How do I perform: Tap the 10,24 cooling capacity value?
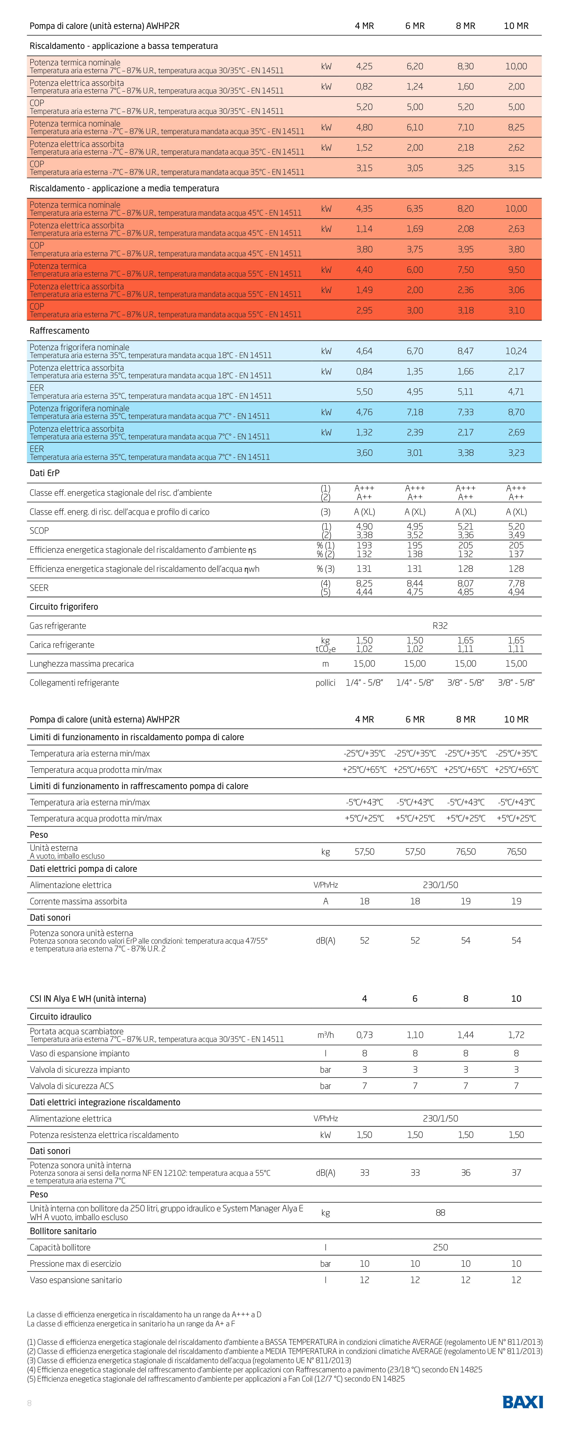tap(516, 351)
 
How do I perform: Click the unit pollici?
tap(325, 683)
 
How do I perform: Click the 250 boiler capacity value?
tap(440, 1247)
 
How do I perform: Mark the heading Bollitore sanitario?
tap(63, 1231)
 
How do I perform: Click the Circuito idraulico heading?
tap(60, 1016)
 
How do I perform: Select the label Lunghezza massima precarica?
tap(81, 664)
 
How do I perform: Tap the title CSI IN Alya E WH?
tap(87, 999)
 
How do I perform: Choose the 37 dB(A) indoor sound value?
tap(516, 1173)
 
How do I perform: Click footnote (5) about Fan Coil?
tap(215, 1379)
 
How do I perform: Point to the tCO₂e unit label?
tap(325, 649)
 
